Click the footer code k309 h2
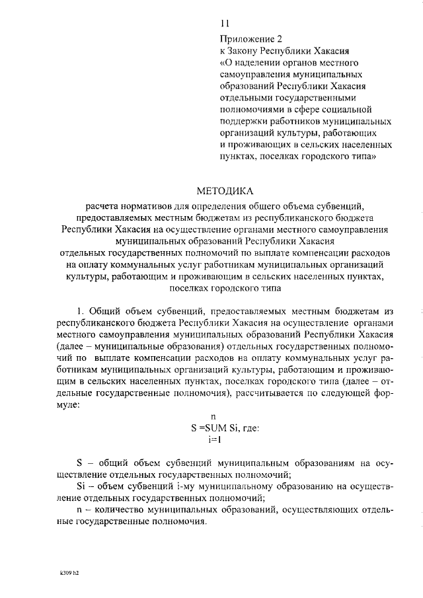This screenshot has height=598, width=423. [x=68, y=573]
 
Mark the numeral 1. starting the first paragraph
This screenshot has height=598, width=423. [x=81, y=311]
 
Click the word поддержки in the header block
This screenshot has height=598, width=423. [x=247, y=122]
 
